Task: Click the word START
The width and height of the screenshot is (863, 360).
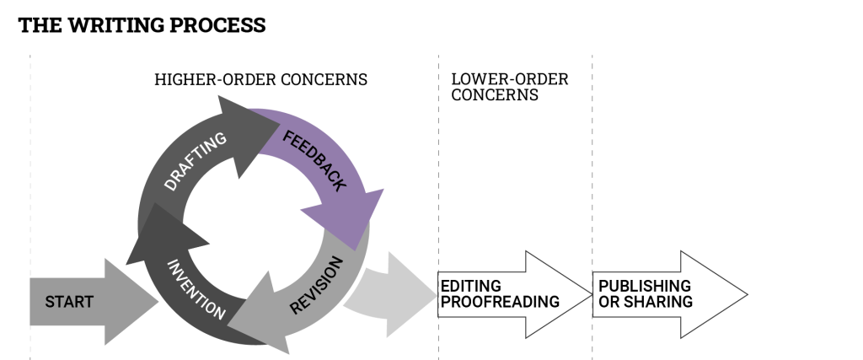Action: coord(69,302)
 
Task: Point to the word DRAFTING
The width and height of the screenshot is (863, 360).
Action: coord(196,161)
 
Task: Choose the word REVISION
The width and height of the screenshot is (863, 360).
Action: coord(316,287)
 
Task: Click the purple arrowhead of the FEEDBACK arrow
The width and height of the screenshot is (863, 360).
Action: coord(346,219)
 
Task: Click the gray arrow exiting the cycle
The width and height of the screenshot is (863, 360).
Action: coord(392,291)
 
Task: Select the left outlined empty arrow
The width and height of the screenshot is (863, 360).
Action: coord(514,294)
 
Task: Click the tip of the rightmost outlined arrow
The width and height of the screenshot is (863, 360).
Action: coord(745,294)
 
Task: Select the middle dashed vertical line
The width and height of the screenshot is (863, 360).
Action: coord(439,169)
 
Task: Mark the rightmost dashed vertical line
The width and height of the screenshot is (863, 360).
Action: coord(592,169)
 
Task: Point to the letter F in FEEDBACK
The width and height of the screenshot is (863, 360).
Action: coord(287,137)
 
